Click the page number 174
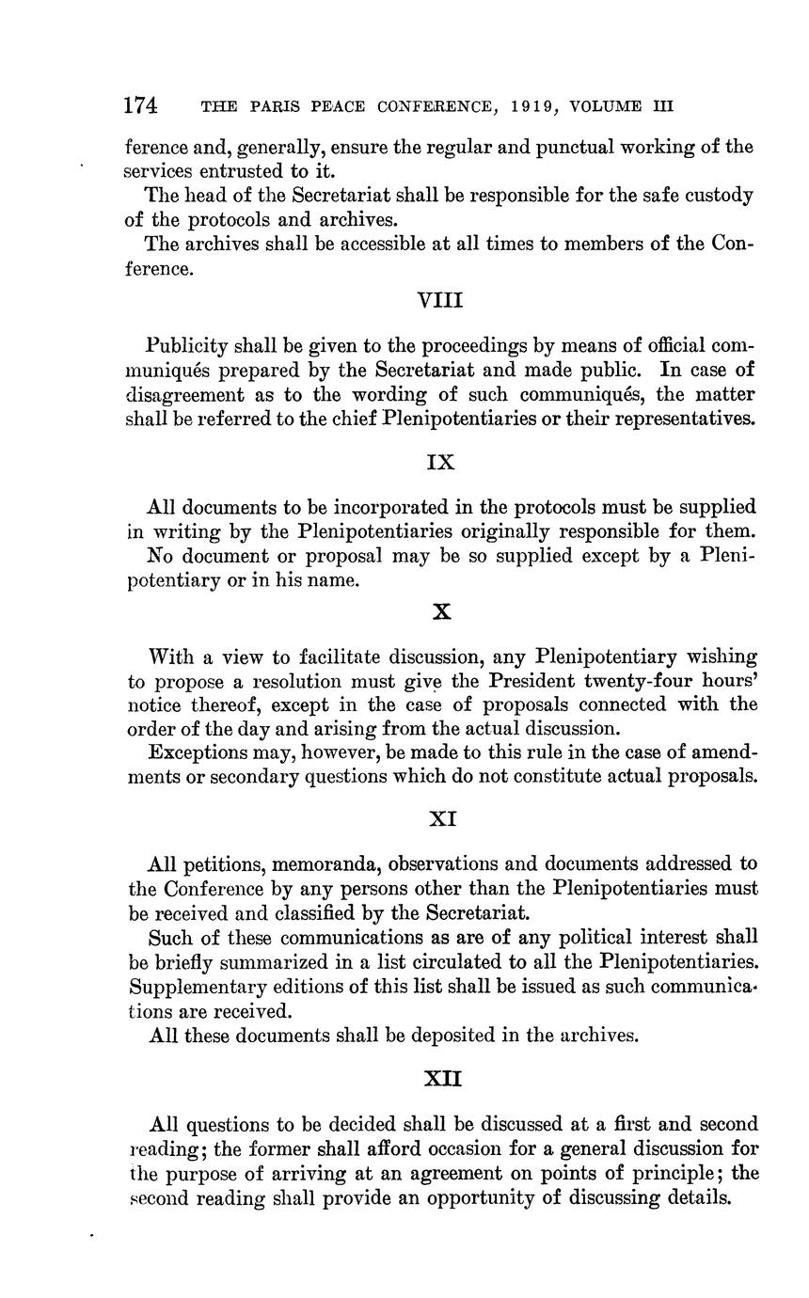[141, 105]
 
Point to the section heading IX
[440, 463]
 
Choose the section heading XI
[442, 819]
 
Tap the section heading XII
[442, 1080]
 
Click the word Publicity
[189, 345]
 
